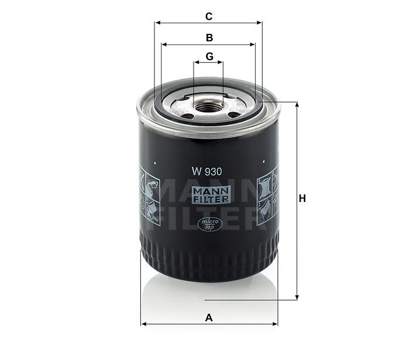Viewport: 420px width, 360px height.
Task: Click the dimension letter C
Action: click(x=209, y=16)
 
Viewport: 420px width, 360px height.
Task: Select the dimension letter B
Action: click(x=209, y=37)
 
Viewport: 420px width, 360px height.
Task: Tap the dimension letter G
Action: click(x=209, y=56)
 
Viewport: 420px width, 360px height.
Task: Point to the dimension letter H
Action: click(x=302, y=198)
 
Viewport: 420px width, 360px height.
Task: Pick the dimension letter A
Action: click(x=209, y=318)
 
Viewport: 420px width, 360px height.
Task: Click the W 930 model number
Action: click(x=206, y=172)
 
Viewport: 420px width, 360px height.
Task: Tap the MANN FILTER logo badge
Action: click(x=211, y=195)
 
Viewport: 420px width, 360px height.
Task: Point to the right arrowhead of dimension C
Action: click(x=259, y=23)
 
